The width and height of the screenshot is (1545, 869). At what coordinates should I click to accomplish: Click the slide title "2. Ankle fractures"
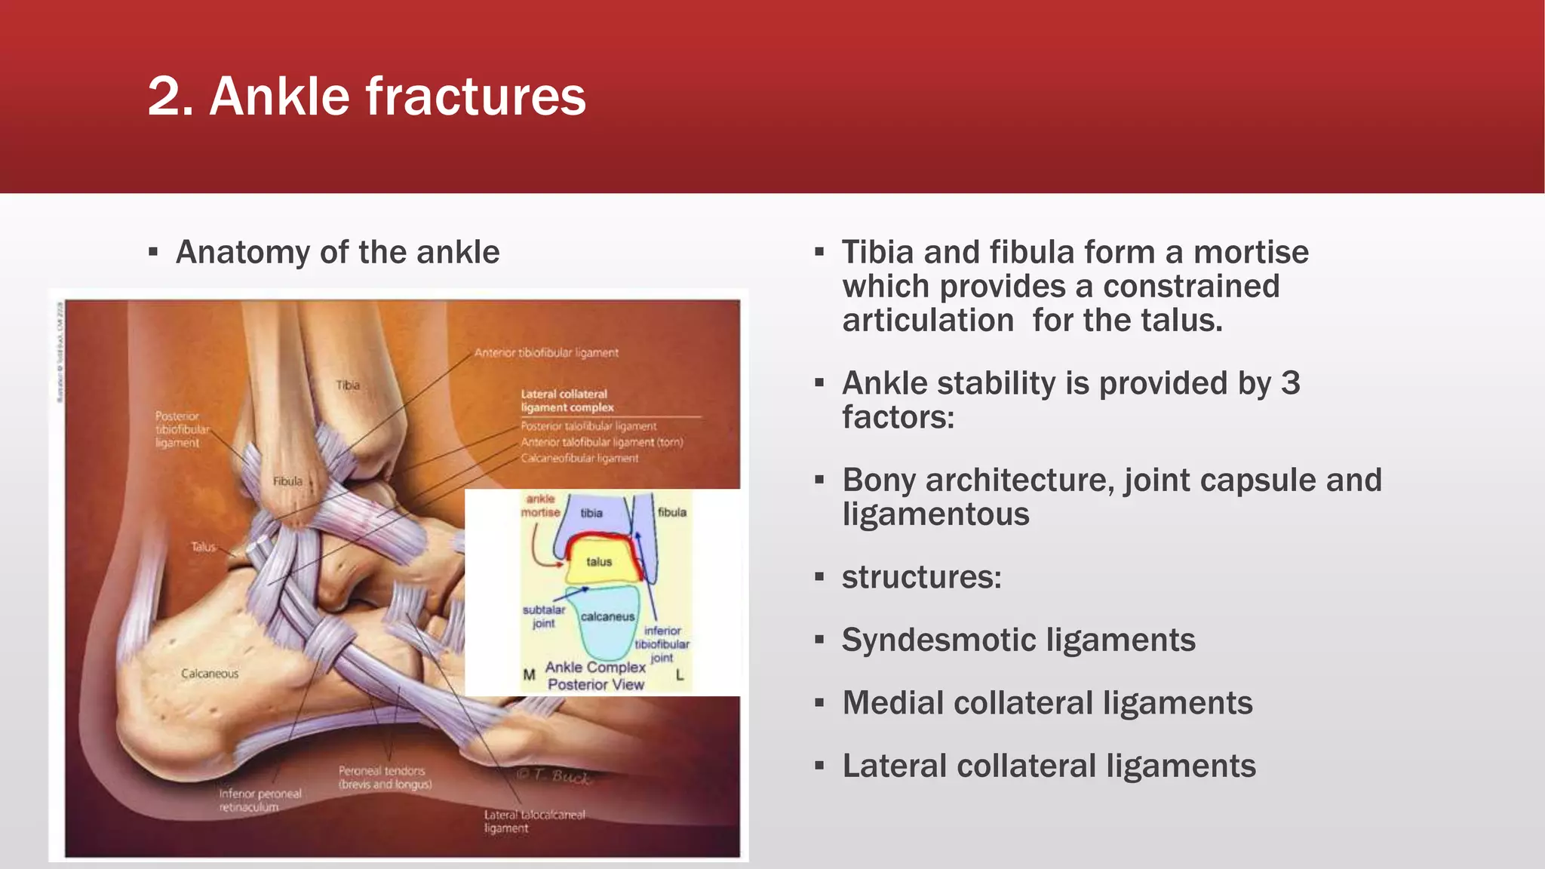367,97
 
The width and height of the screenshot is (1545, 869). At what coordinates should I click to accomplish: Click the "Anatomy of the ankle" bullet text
337,252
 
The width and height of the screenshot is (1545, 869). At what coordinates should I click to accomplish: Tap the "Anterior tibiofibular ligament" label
546,352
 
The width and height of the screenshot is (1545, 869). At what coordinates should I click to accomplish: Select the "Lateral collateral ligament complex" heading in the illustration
567,401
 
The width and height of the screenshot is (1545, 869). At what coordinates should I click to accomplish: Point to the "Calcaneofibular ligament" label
579,458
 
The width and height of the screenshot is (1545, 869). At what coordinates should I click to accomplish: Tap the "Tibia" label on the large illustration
348,385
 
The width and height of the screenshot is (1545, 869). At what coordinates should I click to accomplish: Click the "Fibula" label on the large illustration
287,481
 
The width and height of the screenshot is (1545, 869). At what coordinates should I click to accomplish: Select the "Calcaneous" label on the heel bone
210,674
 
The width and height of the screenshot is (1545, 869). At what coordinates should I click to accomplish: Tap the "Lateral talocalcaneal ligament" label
533,821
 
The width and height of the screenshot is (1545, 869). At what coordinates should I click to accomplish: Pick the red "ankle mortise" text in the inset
540,505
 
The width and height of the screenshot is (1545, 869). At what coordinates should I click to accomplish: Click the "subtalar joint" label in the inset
544,616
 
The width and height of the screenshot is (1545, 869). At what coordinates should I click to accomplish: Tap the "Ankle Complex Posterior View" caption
596,676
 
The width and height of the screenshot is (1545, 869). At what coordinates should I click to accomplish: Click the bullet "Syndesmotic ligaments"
1018,640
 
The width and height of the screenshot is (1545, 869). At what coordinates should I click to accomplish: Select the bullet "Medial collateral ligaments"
1047,703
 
